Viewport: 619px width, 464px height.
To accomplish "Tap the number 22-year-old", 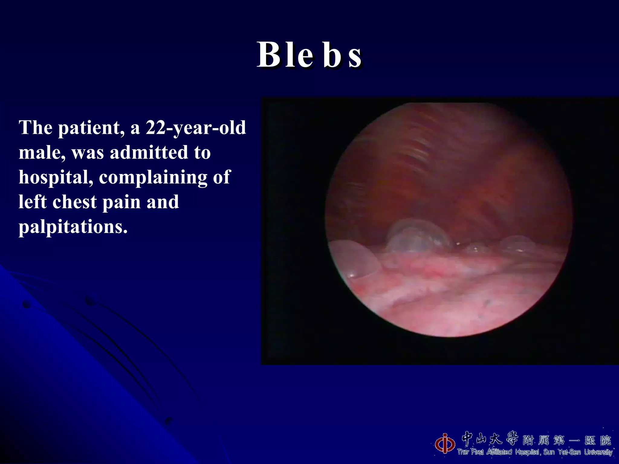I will point(196,127).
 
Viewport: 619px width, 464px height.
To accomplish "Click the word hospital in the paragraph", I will point(56,178).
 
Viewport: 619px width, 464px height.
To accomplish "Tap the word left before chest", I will point(32,202).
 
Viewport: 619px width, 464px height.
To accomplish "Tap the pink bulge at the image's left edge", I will point(352,258).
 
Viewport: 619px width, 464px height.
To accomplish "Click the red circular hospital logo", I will point(445,443).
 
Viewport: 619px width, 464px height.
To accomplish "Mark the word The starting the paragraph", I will point(36,127).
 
